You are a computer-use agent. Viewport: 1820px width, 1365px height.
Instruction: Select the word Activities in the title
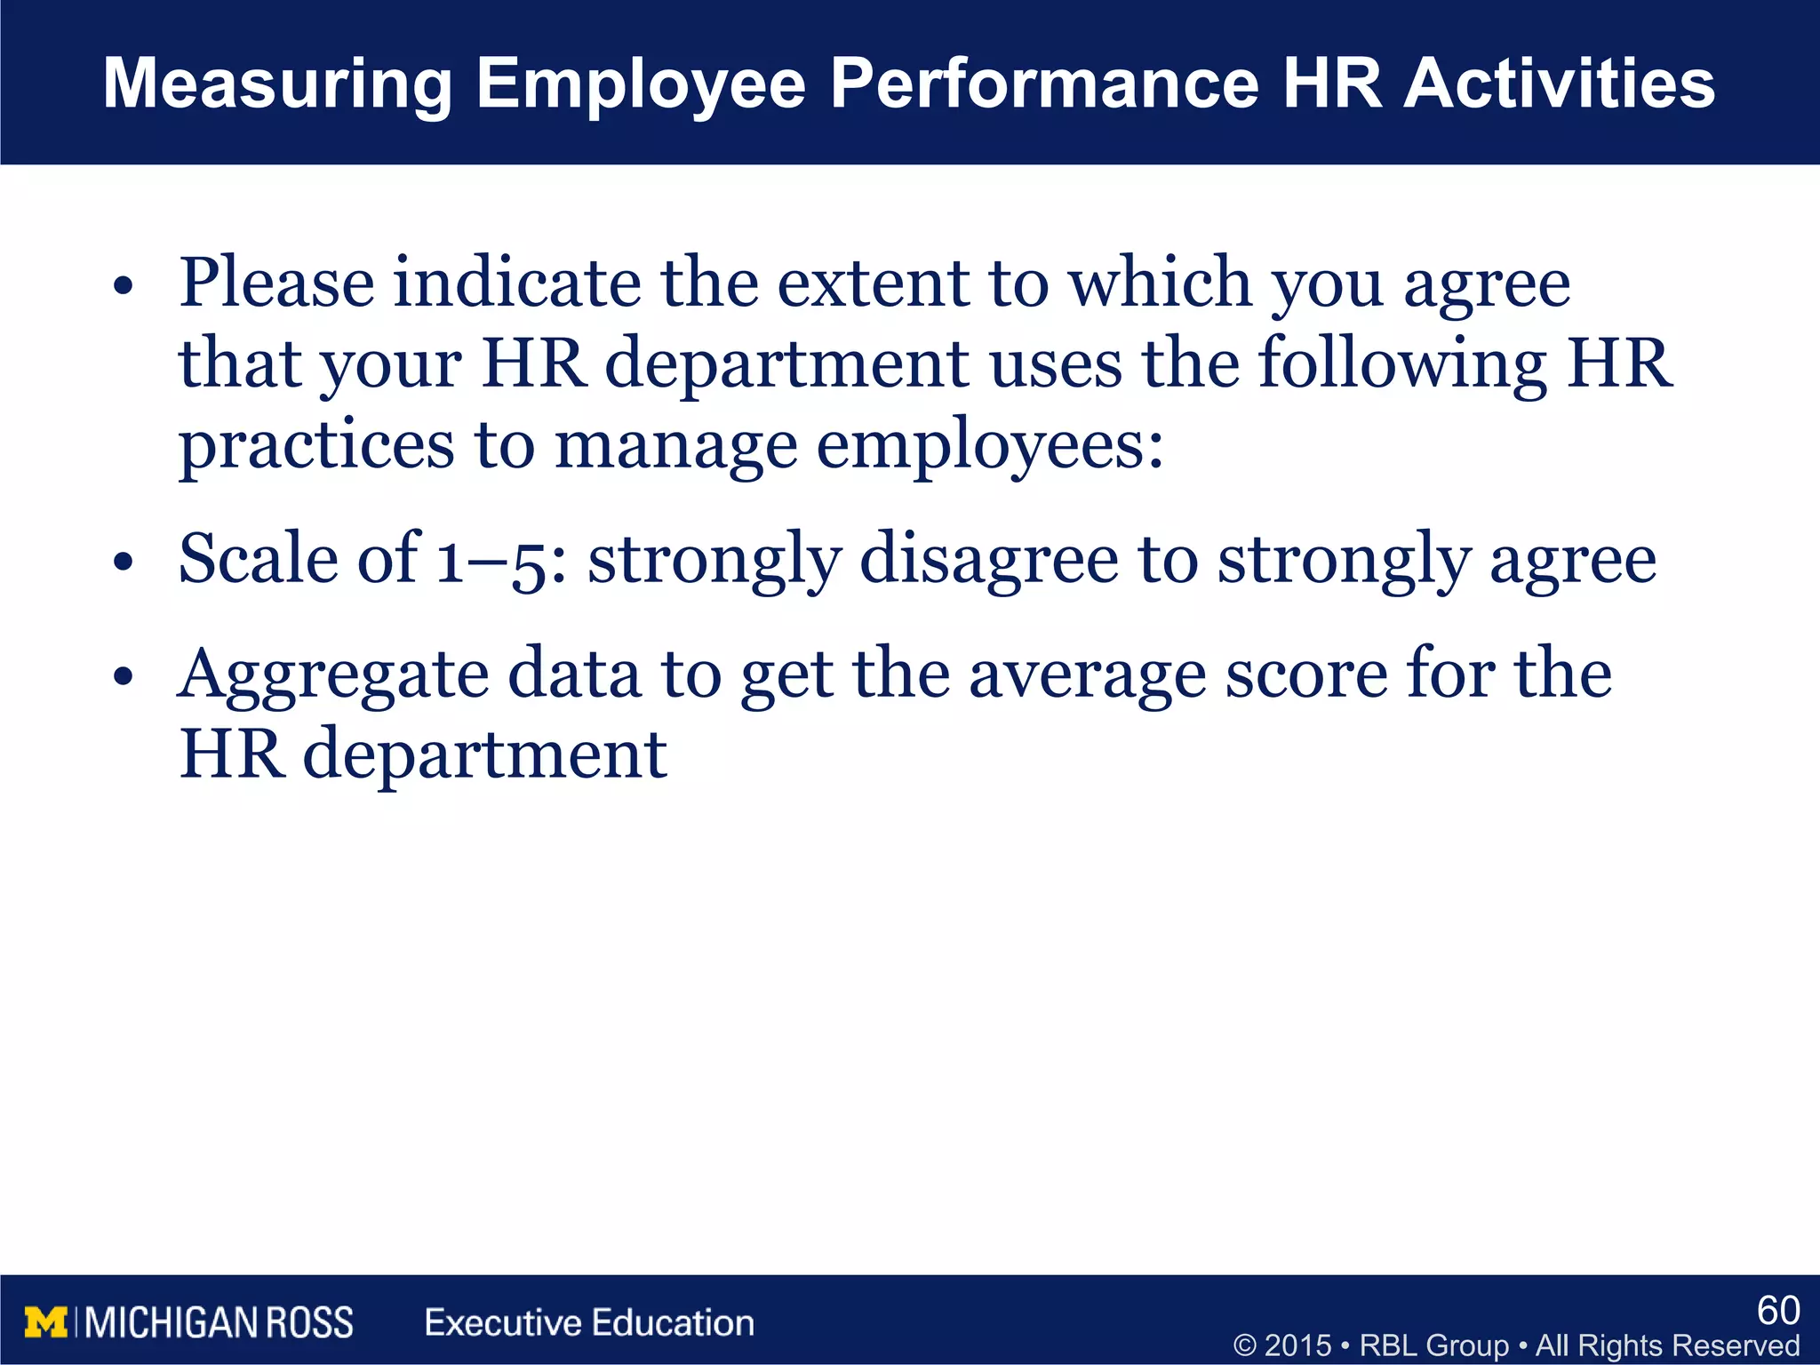(x=1560, y=84)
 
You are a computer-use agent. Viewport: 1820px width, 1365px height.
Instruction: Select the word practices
(x=316, y=446)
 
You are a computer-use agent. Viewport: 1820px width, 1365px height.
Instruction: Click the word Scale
(x=259, y=559)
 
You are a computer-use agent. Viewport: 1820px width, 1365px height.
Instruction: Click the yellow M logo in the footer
(x=45, y=1323)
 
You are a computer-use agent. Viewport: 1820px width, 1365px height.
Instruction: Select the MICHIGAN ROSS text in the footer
(x=219, y=1323)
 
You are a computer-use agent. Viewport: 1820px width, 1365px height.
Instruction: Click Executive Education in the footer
(x=589, y=1323)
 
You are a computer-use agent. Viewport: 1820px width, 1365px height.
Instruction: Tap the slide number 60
(x=1778, y=1311)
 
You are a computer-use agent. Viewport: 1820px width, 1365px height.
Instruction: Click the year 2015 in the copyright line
(x=1297, y=1345)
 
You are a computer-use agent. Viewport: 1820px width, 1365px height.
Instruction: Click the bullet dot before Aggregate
(x=124, y=677)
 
